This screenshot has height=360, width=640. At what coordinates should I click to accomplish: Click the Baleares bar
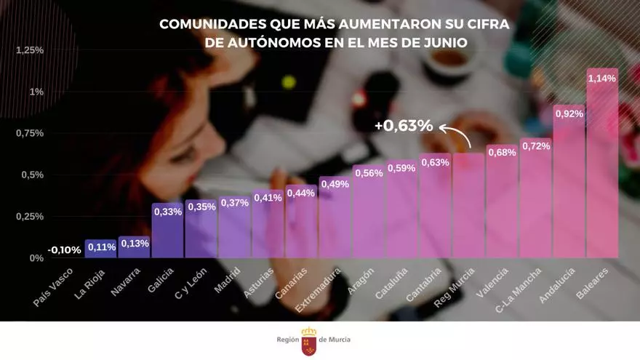tap(602, 167)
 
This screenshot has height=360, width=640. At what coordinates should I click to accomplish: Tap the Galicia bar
tap(167, 233)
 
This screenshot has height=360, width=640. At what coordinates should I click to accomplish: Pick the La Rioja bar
tap(101, 249)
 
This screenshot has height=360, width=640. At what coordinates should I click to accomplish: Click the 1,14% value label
tap(602, 79)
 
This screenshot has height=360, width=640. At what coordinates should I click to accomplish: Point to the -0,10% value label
tap(65, 249)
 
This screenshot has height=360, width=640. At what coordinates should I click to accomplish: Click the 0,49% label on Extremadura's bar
tap(335, 184)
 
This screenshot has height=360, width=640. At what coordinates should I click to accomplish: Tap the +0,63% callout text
tap(404, 126)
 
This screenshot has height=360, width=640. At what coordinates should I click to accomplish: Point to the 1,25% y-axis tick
tap(30, 50)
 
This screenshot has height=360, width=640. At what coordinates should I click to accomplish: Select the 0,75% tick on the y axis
tap(30, 133)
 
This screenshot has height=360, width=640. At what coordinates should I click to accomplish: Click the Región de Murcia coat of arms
tap(308, 339)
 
